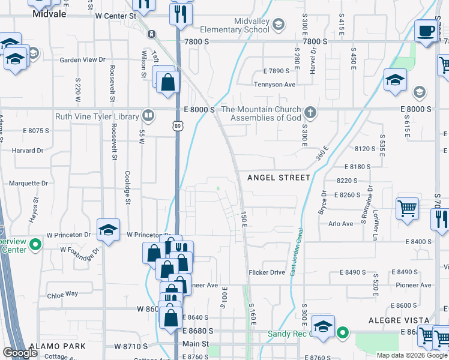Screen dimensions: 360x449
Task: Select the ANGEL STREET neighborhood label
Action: point(280,178)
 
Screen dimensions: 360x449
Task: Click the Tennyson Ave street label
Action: point(274,85)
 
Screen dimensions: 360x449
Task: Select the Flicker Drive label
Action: point(267,272)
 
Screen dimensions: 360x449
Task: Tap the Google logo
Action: point(20,353)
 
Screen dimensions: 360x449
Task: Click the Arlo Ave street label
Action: point(341,224)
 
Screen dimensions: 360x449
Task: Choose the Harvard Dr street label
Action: point(28,151)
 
